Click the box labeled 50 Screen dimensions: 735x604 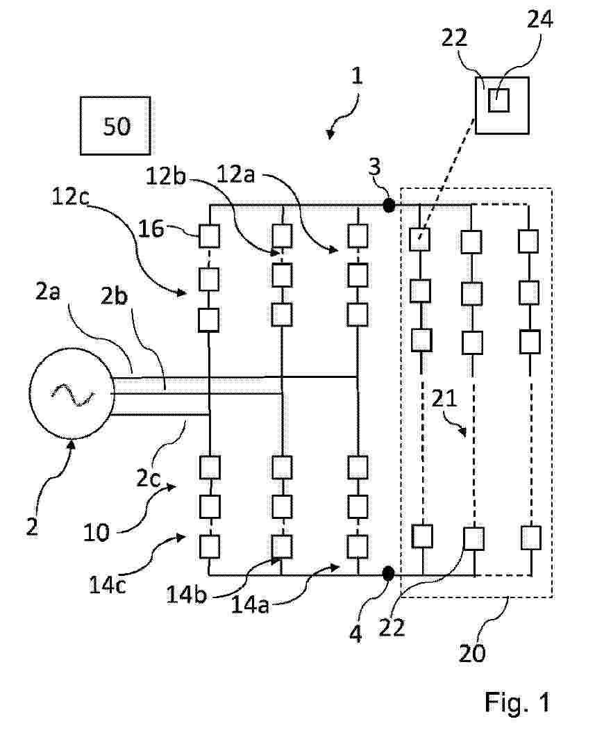(x=116, y=126)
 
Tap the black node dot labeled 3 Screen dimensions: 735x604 (x=389, y=205)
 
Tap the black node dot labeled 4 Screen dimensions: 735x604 (x=388, y=573)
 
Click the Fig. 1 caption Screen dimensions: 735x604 (x=517, y=702)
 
